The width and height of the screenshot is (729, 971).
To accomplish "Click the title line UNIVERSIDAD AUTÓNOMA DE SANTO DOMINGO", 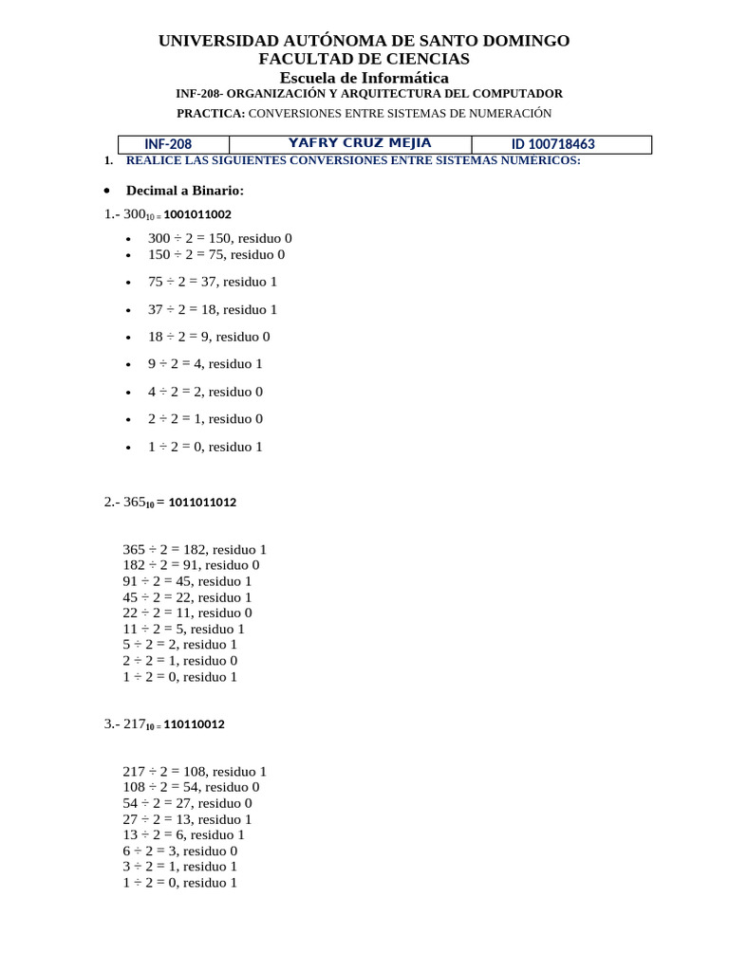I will click(364, 41).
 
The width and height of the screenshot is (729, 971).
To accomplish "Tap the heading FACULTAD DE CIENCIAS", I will click(364, 59).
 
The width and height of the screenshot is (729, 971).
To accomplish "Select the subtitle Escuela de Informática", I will click(364, 78).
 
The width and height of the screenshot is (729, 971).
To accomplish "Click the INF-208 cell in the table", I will click(168, 144).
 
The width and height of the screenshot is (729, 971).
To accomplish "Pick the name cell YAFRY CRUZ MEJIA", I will click(359, 143).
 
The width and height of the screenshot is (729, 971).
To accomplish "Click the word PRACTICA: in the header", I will click(211, 113).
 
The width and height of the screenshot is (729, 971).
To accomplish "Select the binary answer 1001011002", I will click(197, 214).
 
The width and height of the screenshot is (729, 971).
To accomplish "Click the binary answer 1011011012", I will click(202, 503).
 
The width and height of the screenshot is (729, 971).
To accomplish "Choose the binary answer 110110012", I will click(194, 724).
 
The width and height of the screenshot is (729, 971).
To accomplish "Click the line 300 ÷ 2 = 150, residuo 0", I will click(220, 238).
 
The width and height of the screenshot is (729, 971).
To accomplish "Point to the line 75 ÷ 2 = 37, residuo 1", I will click(213, 282).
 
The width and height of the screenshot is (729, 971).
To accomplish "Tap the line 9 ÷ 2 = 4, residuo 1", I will click(205, 363).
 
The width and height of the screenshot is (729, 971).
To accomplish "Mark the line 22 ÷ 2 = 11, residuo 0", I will click(187, 613).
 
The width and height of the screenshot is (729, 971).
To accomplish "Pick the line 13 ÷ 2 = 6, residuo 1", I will click(183, 834).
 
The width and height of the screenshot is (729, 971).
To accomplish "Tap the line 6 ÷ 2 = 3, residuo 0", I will click(179, 851).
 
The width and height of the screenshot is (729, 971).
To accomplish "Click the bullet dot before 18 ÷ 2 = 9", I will click(128, 338).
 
